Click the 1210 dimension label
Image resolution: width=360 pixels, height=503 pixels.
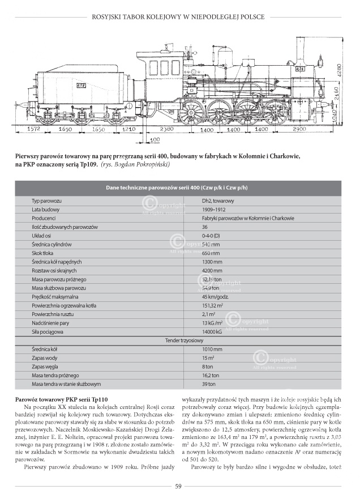tap(130, 129)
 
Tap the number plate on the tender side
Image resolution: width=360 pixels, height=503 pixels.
tap(82, 85)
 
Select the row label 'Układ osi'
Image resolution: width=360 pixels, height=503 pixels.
tap(43, 236)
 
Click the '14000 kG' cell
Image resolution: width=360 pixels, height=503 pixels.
tap(214, 332)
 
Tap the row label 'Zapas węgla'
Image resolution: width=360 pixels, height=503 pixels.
tap(46, 366)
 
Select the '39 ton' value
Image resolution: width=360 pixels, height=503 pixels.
tap(210, 385)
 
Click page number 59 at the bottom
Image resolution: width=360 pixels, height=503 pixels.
tap(178, 485)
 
